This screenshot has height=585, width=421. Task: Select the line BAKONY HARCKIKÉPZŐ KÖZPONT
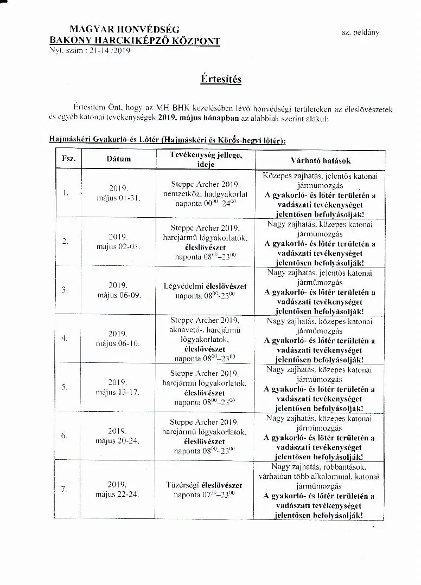tap(135, 40)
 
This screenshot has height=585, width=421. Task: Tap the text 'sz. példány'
tap(360, 32)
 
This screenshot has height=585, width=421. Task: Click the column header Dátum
tap(118, 159)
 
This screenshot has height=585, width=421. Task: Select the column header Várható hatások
tap(320, 160)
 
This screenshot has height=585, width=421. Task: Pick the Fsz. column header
tap(68, 159)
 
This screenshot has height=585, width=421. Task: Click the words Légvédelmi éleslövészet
tap(205, 285)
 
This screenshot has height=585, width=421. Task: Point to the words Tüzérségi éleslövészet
tap(204, 485)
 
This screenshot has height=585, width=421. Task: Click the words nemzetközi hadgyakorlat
tap(205, 193)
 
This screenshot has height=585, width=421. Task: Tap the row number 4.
tap(65, 339)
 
